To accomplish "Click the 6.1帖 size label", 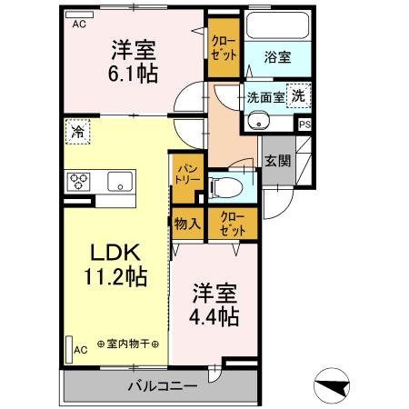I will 135,73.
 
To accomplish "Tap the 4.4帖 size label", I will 215,316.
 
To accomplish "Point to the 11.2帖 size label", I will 105,276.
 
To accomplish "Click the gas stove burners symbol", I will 75,180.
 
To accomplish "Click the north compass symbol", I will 334,386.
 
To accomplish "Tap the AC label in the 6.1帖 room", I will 78,25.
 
